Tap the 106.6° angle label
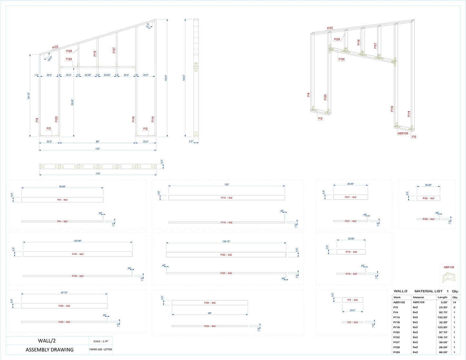coord(50,58)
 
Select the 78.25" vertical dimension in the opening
coord(73,102)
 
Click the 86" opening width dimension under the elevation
coord(97,141)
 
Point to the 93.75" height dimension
coord(29,95)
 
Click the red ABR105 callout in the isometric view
coord(403,133)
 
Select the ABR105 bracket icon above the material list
coord(449,277)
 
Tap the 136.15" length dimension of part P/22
coord(226,241)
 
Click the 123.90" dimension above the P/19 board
coord(77,241)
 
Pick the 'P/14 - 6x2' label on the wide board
coord(226,198)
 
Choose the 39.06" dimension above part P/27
coord(350,184)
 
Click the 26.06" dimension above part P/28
coord(428,185)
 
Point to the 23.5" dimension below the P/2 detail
coord(352,310)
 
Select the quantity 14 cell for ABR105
coord(454,302)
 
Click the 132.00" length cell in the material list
coord(442,317)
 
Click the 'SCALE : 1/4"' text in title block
coord(101,341)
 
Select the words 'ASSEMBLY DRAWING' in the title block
coord(49,350)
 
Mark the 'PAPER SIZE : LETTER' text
coord(101,349)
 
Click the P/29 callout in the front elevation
coord(69,59)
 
